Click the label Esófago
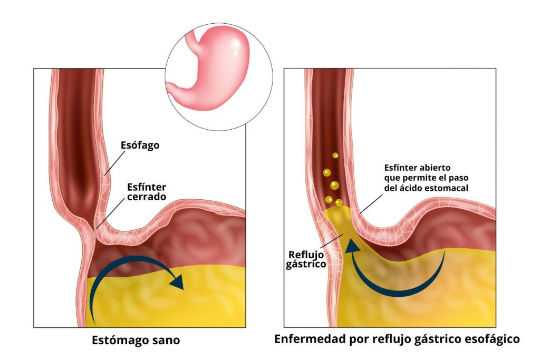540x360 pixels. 140,145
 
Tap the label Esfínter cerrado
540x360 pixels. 147,192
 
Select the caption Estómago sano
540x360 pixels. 136,340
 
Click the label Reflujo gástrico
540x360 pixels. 306,259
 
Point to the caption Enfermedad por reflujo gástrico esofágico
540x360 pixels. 397,339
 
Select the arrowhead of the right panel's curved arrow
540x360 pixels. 352,247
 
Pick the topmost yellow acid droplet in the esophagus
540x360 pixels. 335,155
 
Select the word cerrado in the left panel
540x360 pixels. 147,197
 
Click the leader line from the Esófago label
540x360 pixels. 114,163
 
